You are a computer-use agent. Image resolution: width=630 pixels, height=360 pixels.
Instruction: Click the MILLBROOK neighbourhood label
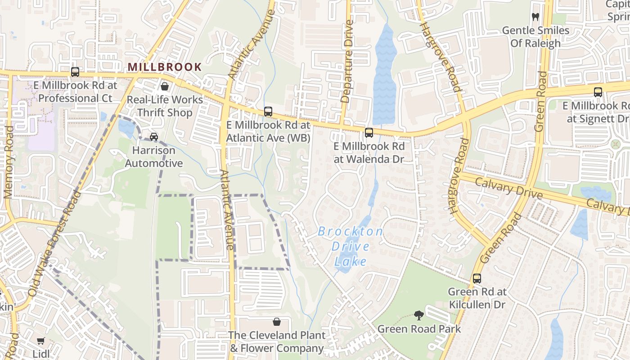165,67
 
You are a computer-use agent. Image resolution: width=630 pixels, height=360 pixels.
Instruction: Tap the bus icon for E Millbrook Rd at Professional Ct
75,72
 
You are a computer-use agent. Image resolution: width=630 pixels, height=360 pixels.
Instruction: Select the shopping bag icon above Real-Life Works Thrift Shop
165,86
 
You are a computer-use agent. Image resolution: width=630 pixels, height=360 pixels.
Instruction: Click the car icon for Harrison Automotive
154,136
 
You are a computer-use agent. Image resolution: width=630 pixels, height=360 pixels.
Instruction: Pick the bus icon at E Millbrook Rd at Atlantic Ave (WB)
268,111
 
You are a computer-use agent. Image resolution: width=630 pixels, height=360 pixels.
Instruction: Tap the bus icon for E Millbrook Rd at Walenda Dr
369,132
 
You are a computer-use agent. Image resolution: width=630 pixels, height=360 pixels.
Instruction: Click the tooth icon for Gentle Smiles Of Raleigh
535,17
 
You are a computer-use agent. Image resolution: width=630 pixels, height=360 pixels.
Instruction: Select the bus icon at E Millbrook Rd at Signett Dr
598,92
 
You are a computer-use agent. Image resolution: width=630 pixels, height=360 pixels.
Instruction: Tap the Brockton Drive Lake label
350,247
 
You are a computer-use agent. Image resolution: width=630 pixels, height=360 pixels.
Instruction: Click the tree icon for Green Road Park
419,315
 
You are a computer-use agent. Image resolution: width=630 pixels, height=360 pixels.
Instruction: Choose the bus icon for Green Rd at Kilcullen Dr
477,278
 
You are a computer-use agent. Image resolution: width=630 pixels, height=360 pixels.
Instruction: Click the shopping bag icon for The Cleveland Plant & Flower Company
277,322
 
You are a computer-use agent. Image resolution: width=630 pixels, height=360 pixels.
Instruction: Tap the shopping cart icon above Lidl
41,341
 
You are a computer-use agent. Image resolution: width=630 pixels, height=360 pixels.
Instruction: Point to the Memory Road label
9,162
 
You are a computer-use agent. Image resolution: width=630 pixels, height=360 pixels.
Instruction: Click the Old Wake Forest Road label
54,243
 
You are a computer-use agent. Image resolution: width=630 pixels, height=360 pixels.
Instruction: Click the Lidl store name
41,354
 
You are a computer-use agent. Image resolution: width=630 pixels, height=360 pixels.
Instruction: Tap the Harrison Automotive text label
154,157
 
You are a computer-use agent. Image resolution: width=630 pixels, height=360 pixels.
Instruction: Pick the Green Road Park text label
419,329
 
